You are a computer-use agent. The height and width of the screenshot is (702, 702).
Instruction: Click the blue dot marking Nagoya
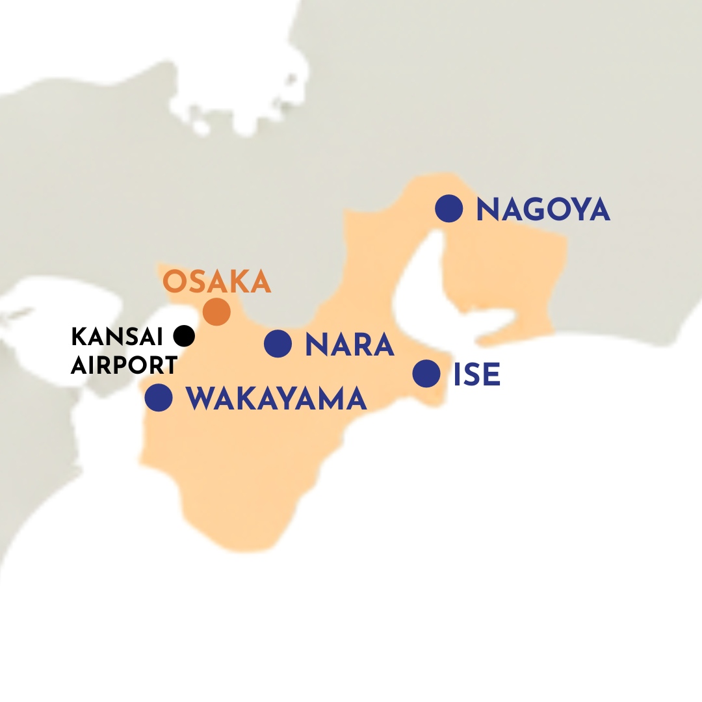click(x=449, y=209)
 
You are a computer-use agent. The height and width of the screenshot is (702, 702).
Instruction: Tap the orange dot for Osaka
click(x=216, y=311)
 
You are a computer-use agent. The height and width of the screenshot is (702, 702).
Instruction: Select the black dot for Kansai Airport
click(x=185, y=335)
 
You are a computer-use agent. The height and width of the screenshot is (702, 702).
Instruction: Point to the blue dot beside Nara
click(x=278, y=343)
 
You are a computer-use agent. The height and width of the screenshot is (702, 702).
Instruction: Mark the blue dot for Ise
click(x=426, y=374)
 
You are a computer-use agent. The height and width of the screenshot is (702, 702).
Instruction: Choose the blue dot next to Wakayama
click(x=159, y=397)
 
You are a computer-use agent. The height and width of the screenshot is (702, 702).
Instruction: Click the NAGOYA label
click(x=543, y=210)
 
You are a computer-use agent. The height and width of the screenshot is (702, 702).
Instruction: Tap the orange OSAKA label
click(x=216, y=281)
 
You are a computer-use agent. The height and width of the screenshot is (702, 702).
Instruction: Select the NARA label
click(x=350, y=344)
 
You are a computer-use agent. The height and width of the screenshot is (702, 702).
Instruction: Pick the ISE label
click(x=477, y=375)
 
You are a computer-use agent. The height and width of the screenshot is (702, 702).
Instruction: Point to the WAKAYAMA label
click(x=276, y=398)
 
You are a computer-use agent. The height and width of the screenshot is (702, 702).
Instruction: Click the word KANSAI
click(x=117, y=337)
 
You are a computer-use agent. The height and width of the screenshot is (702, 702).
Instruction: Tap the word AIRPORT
click(x=124, y=365)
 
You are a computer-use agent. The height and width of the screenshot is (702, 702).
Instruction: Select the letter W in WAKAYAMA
click(x=200, y=398)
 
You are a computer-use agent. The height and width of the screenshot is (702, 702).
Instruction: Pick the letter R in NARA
click(x=364, y=344)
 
